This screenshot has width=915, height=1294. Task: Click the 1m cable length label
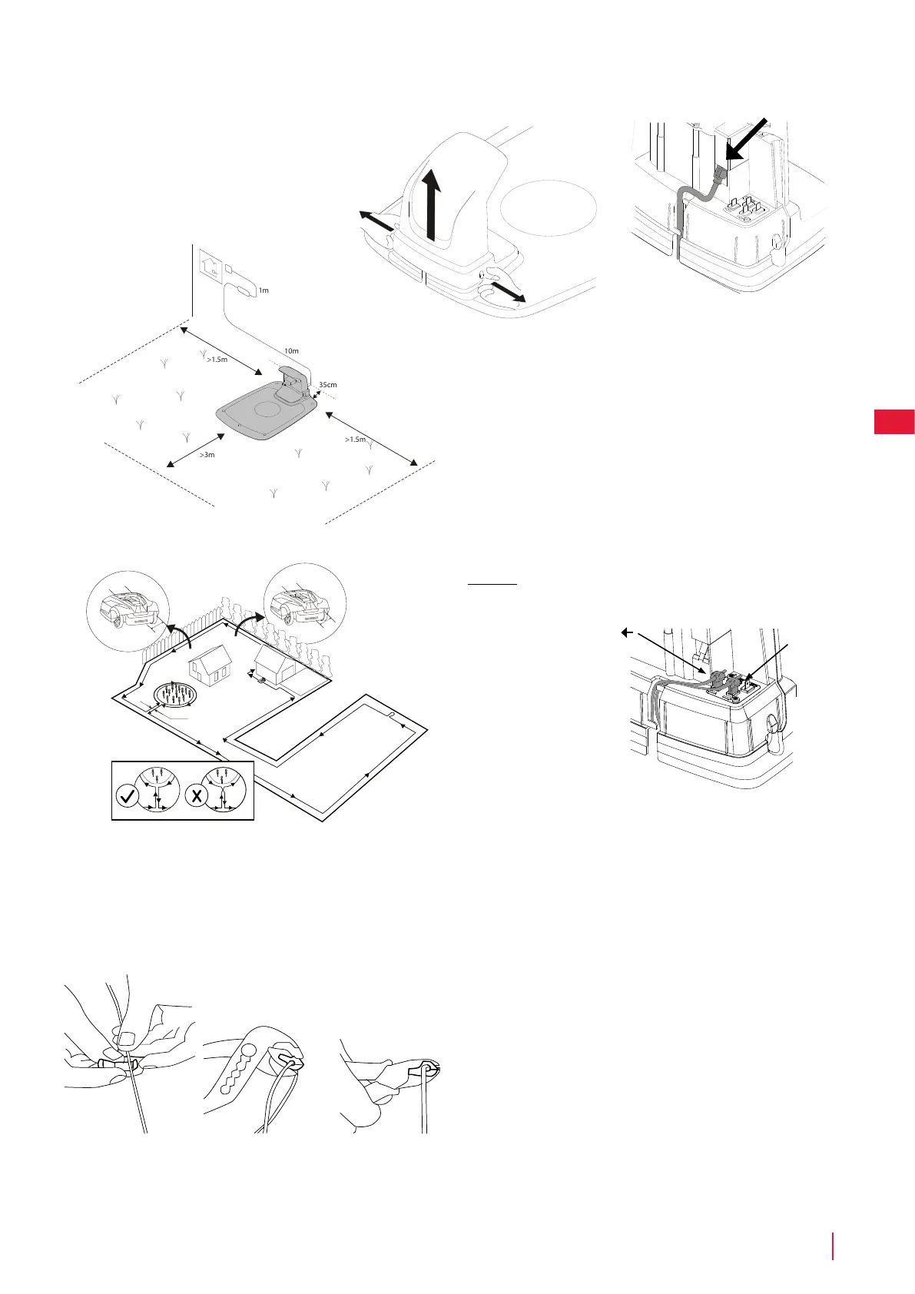point(264,290)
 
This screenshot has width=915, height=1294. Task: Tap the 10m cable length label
point(291,351)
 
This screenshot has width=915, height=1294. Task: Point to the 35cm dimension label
point(328,384)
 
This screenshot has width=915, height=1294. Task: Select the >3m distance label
point(207,455)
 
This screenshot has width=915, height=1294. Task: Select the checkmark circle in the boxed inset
point(128,796)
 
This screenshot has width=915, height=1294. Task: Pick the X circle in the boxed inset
point(197,796)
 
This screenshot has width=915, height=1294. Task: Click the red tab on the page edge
point(893,422)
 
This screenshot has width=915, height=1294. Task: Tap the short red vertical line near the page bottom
point(833,1246)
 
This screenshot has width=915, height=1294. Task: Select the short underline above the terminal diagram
point(492,584)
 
